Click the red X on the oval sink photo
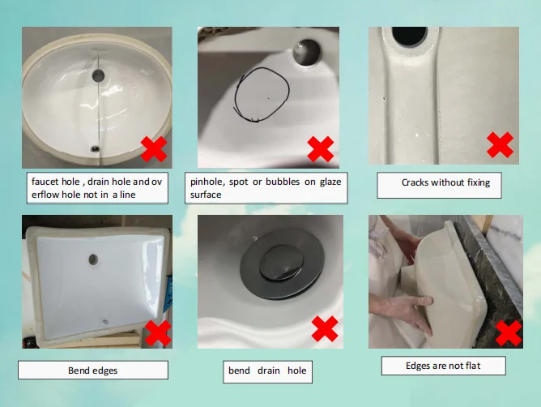(x=154, y=149)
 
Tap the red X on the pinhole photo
(x=321, y=149)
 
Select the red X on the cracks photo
(x=500, y=145)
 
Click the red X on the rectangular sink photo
(x=158, y=333)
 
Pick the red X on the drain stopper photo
(x=325, y=328)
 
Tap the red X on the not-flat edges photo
(x=509, y=333)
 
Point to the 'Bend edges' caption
(x=93, y=371)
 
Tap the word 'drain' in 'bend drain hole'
(x=268, y=371)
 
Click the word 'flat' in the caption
(x=472, y=366)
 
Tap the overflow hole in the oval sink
(x=98, y=75)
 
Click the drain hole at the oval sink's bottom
(x=95, y=149)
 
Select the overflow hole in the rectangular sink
(x=93, y=259)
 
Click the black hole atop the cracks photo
(x=410, y=36)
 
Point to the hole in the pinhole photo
(x=306, y=52)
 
